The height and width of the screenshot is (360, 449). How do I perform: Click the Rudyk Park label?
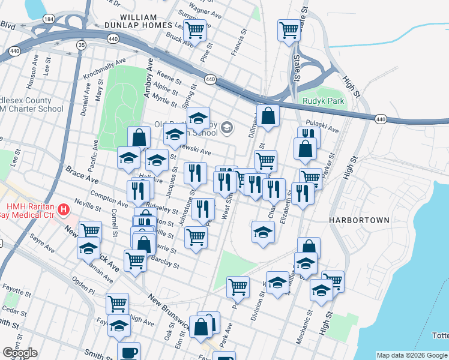point(324,101)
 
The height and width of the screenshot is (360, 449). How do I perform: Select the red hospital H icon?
point(63,211)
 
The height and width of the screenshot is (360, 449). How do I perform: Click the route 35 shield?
point(81,44)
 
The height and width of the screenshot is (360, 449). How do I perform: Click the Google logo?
point(20,353)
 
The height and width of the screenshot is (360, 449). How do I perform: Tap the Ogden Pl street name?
point(83,289)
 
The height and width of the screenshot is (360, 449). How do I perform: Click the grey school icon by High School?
point(226,127)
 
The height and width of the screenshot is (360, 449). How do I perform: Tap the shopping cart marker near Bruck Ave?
point(194,29)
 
